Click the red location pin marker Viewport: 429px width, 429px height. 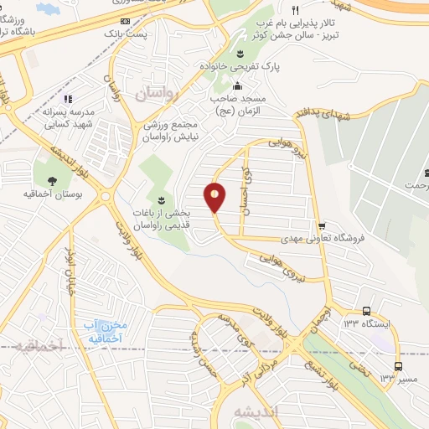coord(215,198)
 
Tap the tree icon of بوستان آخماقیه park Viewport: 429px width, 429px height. coord(52,180)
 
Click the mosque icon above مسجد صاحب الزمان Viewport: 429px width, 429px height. coord(237,85)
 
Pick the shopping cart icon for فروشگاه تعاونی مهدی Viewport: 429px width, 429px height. coord(322,226)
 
